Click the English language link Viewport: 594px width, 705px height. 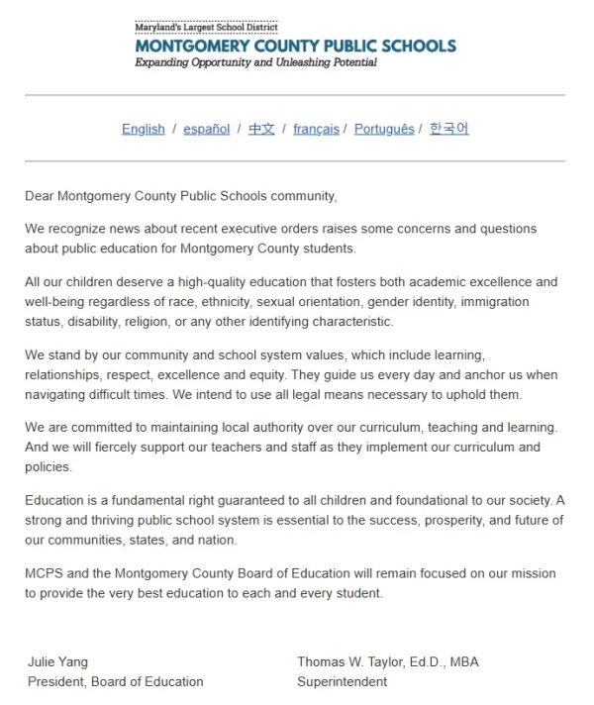point(143,130)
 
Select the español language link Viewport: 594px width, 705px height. point(206,130)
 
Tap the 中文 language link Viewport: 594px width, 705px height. point(261,130)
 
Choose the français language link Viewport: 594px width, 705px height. point(316,130)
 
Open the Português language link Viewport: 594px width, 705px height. point(384,130)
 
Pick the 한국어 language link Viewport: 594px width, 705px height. point(448,130)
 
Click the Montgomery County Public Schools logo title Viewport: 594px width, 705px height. point(295,46)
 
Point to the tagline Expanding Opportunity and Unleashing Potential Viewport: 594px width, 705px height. point(255,62)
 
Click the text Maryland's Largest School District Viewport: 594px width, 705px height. point(206,27)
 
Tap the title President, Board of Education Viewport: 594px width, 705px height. point(115,681)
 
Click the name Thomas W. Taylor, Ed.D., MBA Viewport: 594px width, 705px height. point(387,661)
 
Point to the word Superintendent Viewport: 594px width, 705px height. point(342,681)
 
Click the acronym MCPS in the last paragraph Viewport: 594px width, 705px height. point(44,574)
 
